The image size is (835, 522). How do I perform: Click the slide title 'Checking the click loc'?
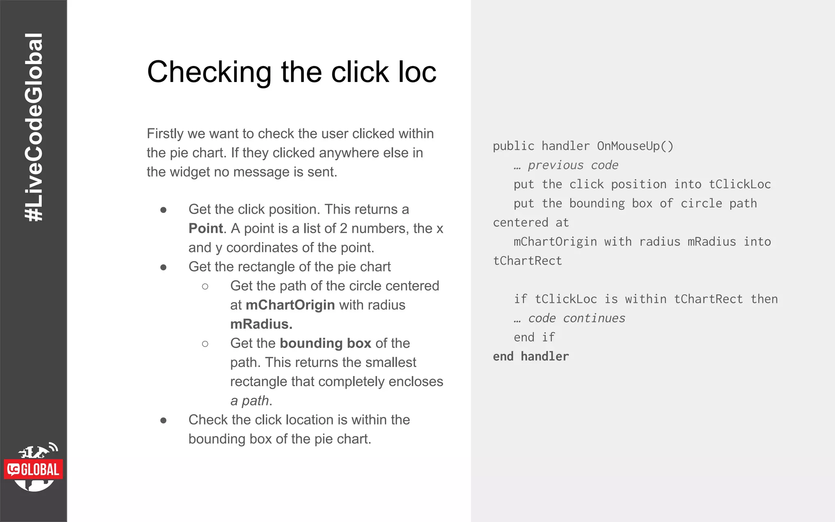tap(291, 72)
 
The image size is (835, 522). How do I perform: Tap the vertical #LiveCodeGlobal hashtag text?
tap(34, 127)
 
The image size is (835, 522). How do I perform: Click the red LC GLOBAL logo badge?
tap(34, 469)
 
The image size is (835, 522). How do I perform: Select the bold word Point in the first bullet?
tap(205, 228)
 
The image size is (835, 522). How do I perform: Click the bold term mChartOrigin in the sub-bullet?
tap(290, 305)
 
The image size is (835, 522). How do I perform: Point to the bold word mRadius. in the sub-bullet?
tap(261, 324)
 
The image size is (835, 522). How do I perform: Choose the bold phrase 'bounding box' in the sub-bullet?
tap(325, 343)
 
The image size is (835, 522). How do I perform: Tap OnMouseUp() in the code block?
tap(635, 146)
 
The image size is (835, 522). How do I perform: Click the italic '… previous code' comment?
tap(566, 165)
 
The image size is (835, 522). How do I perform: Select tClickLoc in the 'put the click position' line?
tap(740, 184)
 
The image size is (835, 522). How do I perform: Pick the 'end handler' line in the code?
tap(530, 356)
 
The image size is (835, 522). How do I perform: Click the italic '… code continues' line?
tap(569, 318)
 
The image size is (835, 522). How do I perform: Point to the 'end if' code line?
tap(534, 337)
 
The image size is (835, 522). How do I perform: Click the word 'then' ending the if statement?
tap(764, 299)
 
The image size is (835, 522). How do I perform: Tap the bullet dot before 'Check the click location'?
tap(163, 420)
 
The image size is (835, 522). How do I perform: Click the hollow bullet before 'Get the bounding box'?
tap(205, 344)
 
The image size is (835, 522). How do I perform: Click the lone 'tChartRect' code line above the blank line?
tap(527, 261)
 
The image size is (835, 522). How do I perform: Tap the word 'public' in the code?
tap(513, 146)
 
